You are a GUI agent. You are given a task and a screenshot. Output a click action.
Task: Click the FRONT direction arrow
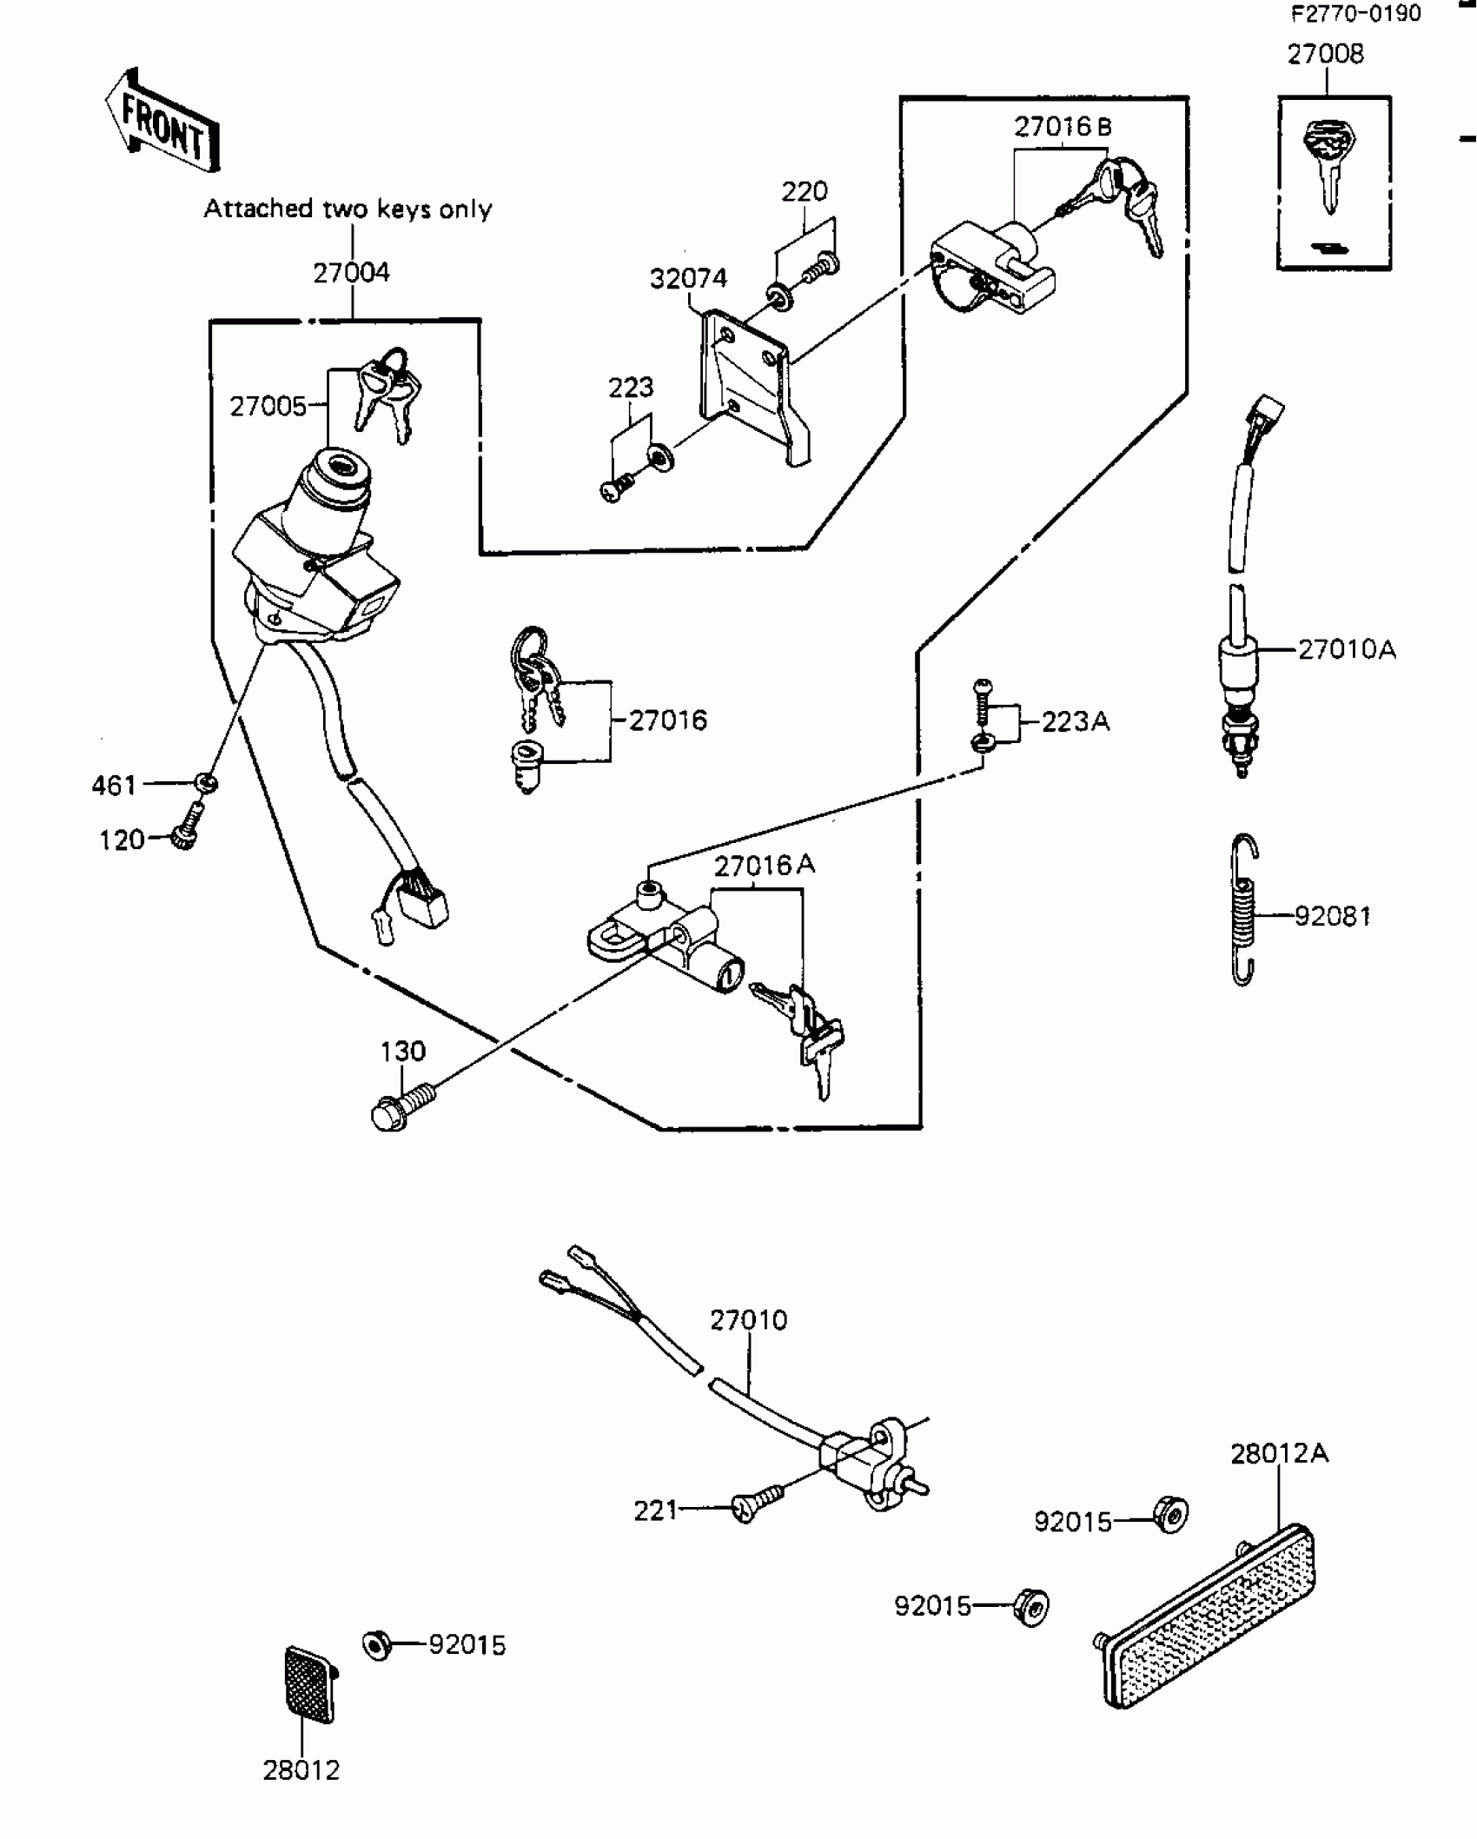[162, 123]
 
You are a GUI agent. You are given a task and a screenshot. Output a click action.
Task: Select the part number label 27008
[1325, 54]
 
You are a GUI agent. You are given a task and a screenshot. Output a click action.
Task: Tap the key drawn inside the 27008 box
[1328, 165]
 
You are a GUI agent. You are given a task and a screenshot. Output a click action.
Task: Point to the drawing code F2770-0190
[1355, 14]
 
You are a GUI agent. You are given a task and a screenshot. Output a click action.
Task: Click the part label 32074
[688, 278]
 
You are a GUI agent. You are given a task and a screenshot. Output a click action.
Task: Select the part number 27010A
[1347, 649]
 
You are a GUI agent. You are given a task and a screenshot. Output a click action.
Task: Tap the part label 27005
[268, 406]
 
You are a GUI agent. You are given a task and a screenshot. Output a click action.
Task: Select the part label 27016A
[765, 866]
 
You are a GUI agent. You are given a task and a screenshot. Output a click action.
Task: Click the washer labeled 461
[206, 783]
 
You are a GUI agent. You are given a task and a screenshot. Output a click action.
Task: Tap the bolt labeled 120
[186, 826]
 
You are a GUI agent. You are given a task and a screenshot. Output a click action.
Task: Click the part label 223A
[1075, 721]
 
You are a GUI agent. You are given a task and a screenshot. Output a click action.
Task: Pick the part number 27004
[351, 273]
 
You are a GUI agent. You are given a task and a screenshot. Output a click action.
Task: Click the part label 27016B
[1063, 128]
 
